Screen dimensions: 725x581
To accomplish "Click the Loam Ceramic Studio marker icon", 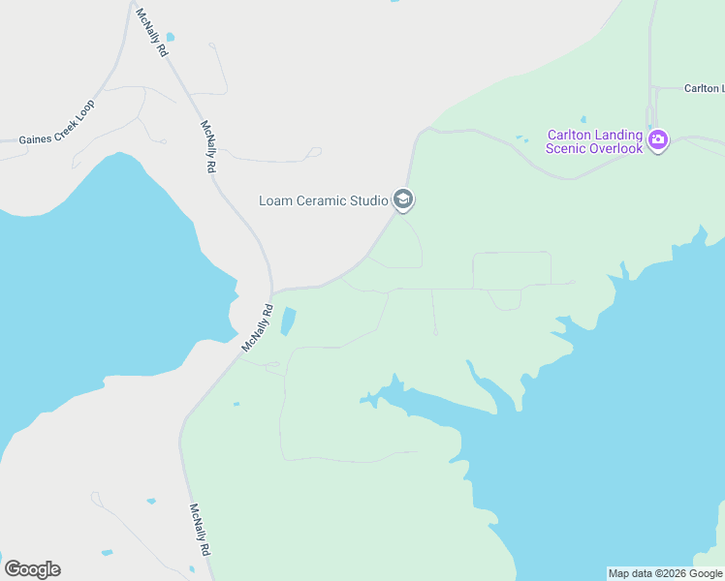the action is point(403,200).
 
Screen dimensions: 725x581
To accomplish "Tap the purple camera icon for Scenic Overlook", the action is point(658,140).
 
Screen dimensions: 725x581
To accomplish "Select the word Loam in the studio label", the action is point(275,201).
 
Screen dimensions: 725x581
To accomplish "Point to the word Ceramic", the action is point(320,201).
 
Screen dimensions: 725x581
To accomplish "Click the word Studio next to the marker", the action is point(368,201).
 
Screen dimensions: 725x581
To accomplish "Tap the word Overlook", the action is point(617,148).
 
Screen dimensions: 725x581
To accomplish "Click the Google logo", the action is point(32,568).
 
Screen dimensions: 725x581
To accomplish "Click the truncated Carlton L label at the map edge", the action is point(704,88).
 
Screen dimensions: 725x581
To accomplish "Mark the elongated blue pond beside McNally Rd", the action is point(288,321).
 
